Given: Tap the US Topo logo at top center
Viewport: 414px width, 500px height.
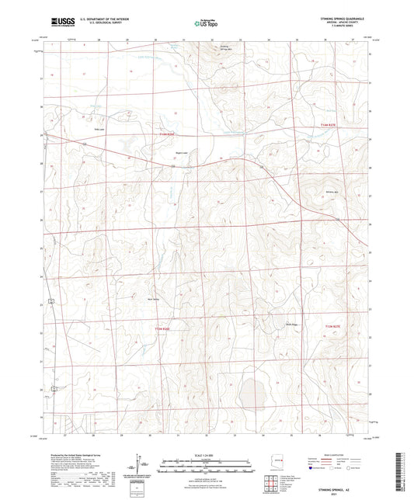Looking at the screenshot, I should (x=204, y=24).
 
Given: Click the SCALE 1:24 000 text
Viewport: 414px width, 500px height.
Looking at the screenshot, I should (x=206, y=453).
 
